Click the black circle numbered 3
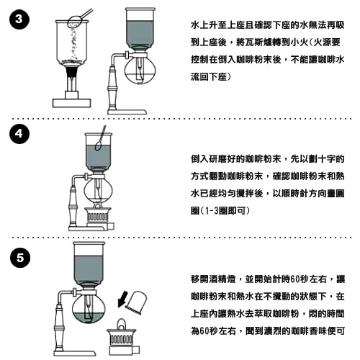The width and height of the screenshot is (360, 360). [x=19, y=19]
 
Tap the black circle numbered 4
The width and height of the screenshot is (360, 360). [x=19, y=134]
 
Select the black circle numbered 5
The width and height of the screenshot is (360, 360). [x=20, y=258]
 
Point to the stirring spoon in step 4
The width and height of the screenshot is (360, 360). [x=100, y=139]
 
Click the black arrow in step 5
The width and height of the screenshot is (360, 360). [x=123, y=299]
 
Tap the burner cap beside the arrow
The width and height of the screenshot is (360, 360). [x=137, y=302]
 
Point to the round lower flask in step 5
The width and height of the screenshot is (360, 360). [x=89, y=309]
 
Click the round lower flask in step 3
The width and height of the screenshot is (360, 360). [x=140, y=70]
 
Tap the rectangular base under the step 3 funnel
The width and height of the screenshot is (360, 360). [x=72, y=103]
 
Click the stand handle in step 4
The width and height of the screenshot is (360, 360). [x=73, y=207]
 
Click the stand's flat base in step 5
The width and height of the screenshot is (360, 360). [x=75, y=354]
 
